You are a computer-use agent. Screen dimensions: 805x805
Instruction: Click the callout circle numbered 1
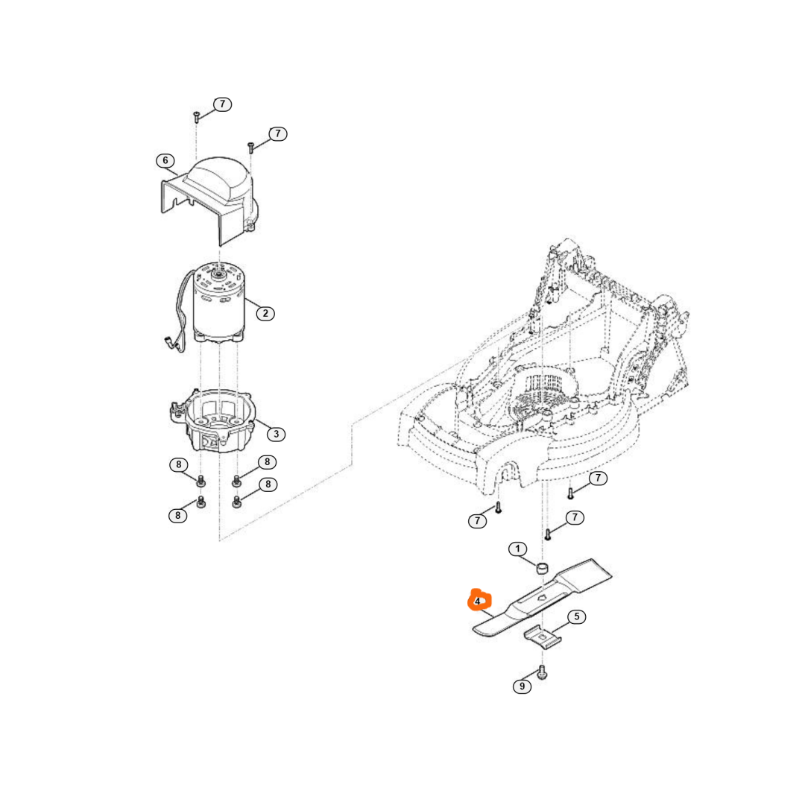point(517,549)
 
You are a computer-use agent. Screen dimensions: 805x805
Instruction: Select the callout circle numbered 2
point(265,313)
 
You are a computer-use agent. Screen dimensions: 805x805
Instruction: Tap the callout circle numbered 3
point(277,433)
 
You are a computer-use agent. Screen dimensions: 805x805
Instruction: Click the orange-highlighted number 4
point(478,601)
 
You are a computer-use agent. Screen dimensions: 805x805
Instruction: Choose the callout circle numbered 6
point(165,160)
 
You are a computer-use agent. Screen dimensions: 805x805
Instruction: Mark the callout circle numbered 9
point(522,686)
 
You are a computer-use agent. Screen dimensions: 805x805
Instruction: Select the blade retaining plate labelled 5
point(542,634)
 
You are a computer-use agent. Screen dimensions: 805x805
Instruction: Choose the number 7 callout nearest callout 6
point(222,104)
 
